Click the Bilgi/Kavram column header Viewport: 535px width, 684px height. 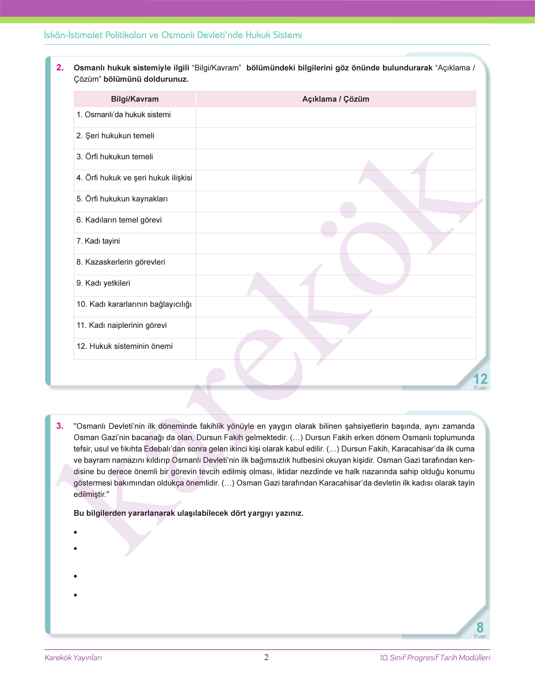pyautogui.click(x=135, y=99)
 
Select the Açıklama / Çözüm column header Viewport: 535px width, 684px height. pyautogui.click(x=335, y=99)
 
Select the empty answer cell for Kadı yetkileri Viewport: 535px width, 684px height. pyautogui.click(x=335, y=285)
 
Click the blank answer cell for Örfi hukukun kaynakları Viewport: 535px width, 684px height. pyautogui.click(x=335, y=201)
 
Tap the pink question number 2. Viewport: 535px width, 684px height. pyautogui.click(x=60, y=68)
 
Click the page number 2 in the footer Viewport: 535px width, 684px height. pyautogui.click(x=266, y=657)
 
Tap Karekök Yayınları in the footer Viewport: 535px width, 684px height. pyautogui.click(x=73, y=658)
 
